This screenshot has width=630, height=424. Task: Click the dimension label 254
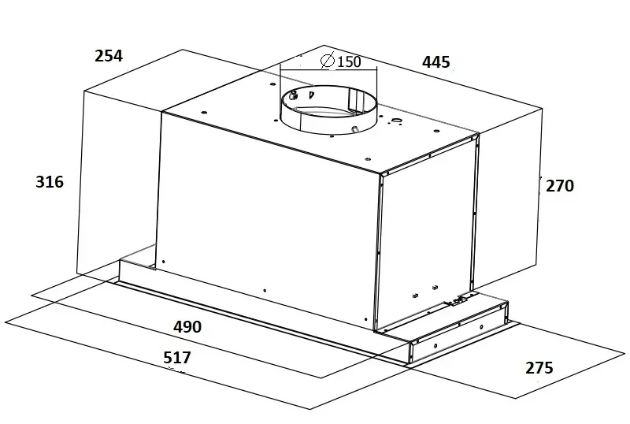click(x=109, y=56)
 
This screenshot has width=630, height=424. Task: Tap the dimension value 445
click(x=436, y=62)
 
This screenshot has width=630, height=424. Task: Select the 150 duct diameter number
click(x=349, y=62)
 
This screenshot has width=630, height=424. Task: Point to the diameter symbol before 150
click(x=328, y=61)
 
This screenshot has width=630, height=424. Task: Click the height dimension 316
click(x=50, y=182)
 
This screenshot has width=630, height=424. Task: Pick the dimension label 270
click(x=560, y=186)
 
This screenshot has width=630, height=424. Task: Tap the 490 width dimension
click(x=187, y=326)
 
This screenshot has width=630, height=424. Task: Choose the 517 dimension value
click(x=177, y=357)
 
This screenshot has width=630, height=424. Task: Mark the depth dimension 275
click(x=539, y=368)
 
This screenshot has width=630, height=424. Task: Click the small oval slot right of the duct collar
click(x=397, y=121)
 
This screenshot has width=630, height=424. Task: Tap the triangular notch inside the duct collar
click(x=310, y=95)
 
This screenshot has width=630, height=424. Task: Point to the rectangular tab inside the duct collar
click(x=353, y=99)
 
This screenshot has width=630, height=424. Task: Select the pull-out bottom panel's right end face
click(x=458, y=333)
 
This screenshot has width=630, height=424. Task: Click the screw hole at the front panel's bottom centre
click(x=265, y=290)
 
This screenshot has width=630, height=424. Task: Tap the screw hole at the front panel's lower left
click(x=164, y=262)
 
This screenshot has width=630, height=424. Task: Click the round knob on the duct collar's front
click(x=354, y=128)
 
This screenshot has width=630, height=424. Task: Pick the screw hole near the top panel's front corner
click(x=368, y=158)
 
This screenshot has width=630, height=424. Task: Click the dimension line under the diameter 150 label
click(x=328, y=69)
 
